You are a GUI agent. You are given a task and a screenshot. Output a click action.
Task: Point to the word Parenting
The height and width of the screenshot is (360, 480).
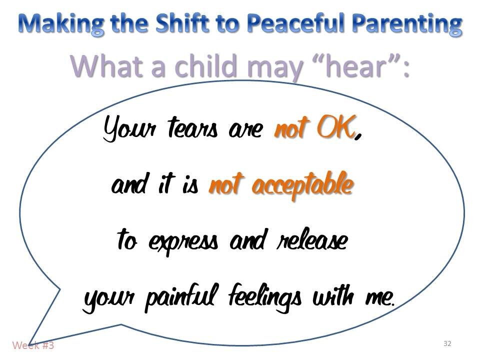[x=403, y=23]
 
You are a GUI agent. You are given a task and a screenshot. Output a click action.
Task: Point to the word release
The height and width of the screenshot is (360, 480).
[x=311, y=241]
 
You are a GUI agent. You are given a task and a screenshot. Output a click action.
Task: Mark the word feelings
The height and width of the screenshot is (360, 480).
[x=264, y=298]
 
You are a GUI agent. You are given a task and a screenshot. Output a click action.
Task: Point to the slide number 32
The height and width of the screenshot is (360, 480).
[x=447, y=343]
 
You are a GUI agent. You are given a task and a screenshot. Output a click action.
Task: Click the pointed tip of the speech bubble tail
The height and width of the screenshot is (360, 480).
[x=29, y=343]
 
